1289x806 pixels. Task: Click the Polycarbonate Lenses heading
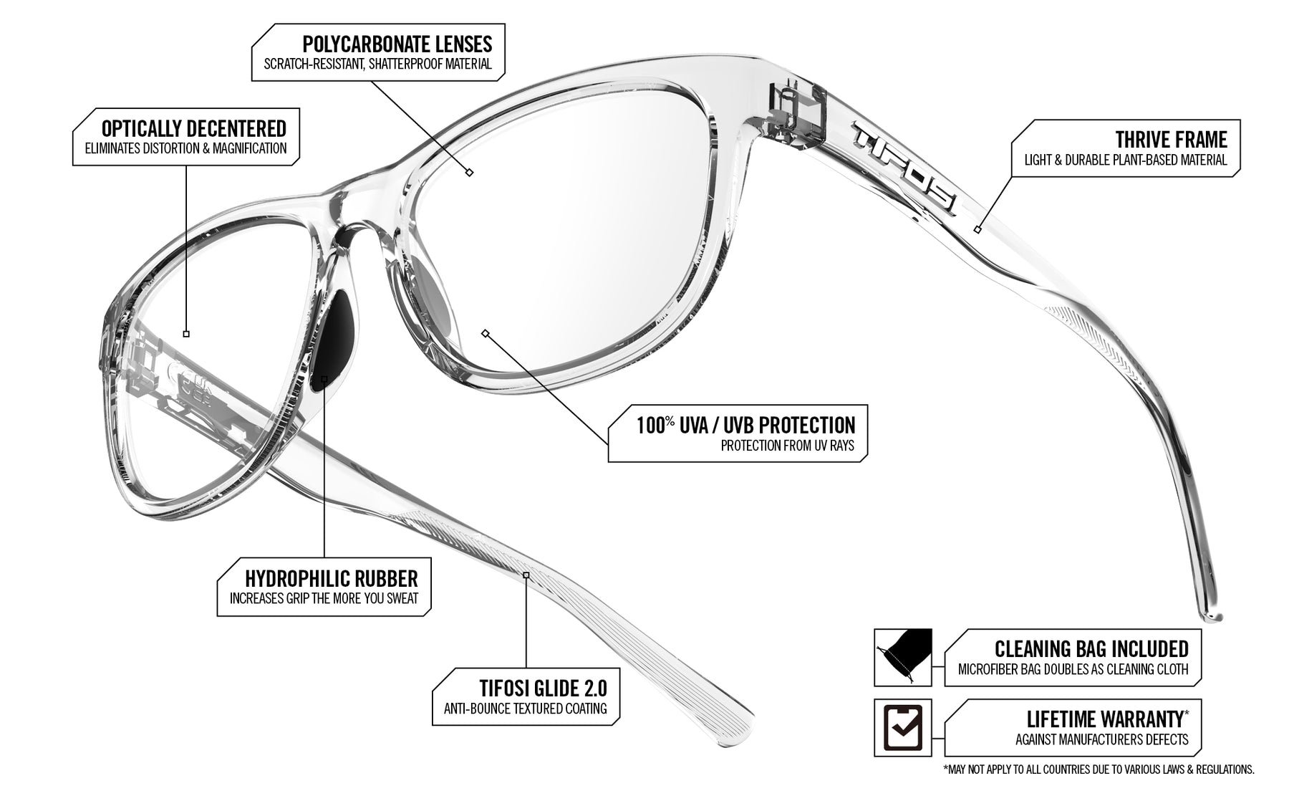pyautogui.click(x=397, y=44)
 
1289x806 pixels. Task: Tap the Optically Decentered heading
pyautogui.click(x=193, y=129)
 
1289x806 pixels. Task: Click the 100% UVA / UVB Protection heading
pyautogui.click(x=745, y=425)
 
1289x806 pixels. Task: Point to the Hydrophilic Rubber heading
pyautogui.click(x=331, y=578)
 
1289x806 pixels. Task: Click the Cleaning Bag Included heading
pyautogui.click(x=1091, y=648)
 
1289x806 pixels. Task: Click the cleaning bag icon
pyautogui.click(x=902, y=657)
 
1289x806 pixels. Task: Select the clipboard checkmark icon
pyautogui.click(x=902, y=727)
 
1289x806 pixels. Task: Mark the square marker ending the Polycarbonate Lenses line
pyautogui.click(x=470, y=172)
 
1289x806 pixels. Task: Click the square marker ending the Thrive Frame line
pyautogui.click(x=977, y=229)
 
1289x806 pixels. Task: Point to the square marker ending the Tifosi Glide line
pyautogui.click(x=526, y=575)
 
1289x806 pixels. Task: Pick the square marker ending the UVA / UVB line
pyautogui.click(x=486, y=333)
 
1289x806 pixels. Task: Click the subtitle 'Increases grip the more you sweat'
pyautogui.click(x=324, y=598)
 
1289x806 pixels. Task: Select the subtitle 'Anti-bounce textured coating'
pyautogui.click(x=526, y=709)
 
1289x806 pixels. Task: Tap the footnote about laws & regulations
pyautogui.click(x=1099, y=770)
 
